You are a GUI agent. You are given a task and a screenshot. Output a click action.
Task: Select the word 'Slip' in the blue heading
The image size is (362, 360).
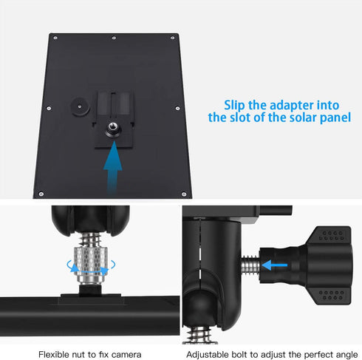(236, 104)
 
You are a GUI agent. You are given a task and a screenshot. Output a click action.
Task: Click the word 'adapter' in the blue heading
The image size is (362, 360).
(278, 104)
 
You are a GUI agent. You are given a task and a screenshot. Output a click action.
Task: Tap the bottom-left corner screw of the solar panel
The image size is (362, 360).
(41, 194)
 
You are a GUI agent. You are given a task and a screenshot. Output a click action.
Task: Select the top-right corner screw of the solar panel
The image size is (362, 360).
(174, 36)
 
